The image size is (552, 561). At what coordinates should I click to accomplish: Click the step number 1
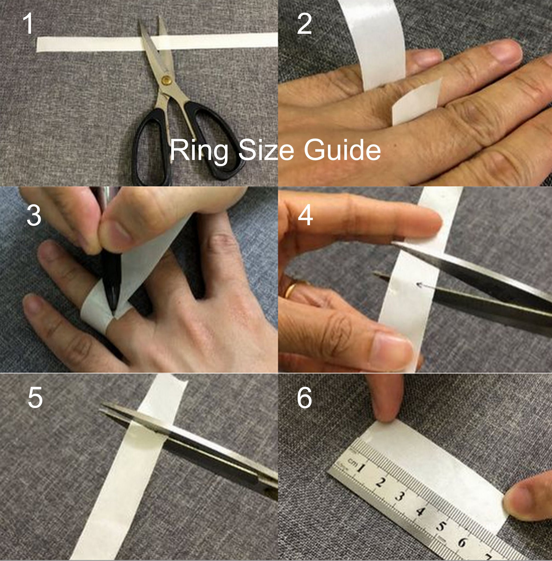pos(28,24)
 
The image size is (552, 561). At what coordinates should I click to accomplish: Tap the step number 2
pos(304,24)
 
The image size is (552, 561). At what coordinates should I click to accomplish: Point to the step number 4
pos(305,215)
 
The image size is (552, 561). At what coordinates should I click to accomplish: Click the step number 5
pos(35,398)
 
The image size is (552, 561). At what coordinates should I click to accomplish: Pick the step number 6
pos(304,398)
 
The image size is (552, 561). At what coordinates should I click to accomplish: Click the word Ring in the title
pos(199,151)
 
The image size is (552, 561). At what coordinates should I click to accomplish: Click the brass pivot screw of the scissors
pos(166,80)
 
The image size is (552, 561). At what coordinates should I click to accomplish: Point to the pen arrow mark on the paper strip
pos(424,286)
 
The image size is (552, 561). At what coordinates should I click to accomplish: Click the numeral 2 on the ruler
pos(380,482)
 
